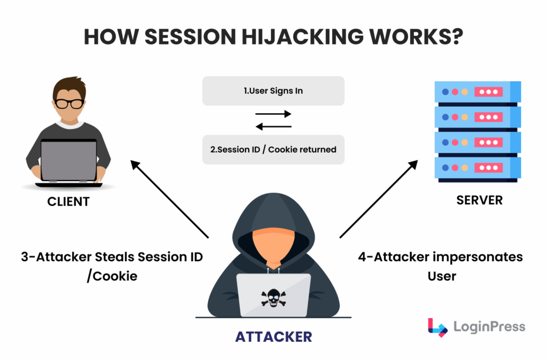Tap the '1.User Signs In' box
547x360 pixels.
click(x=273, y=91)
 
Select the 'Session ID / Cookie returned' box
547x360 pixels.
click(x=273, y=150)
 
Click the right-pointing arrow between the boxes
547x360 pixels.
click(x=273, y=114)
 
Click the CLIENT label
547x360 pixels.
click(x=68, y=202)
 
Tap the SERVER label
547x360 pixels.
click(x=479, y=200)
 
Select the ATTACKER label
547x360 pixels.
click(x=273, y=336)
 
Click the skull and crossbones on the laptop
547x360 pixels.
click(x=273, y=296)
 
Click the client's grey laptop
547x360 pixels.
click(x=68, y=160)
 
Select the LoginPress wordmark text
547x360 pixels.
click(x=489, y=327)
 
